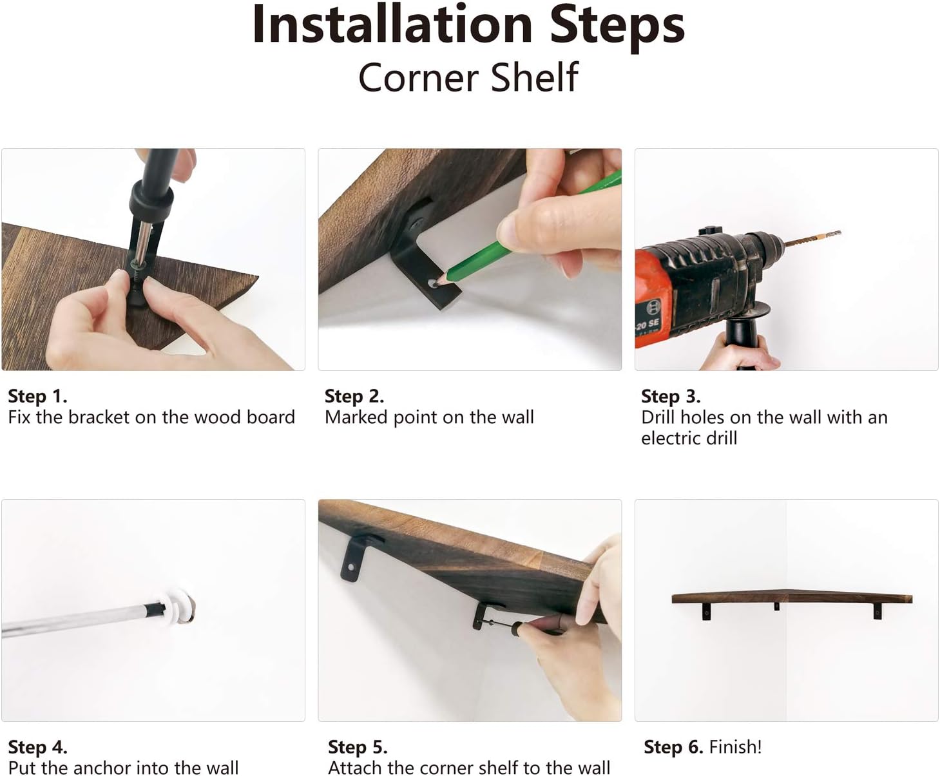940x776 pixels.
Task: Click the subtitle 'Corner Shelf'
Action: [468, 78]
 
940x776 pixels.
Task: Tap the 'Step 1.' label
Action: [38, 397]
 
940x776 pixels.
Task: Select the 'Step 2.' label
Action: [354, 397]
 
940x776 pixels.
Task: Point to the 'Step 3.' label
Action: [671, 397]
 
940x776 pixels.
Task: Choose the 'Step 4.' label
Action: [38, 747]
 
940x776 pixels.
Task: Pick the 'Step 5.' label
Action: [358, 747]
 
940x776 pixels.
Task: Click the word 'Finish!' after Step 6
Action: [735, 747]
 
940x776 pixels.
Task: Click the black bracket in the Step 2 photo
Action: [423, 255]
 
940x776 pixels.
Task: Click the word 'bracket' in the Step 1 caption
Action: [99, 417]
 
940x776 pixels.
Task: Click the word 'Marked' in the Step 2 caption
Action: [356, 417]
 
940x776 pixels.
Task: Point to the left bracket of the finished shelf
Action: [706, 612]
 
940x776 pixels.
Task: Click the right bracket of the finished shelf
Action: [878, 612]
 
